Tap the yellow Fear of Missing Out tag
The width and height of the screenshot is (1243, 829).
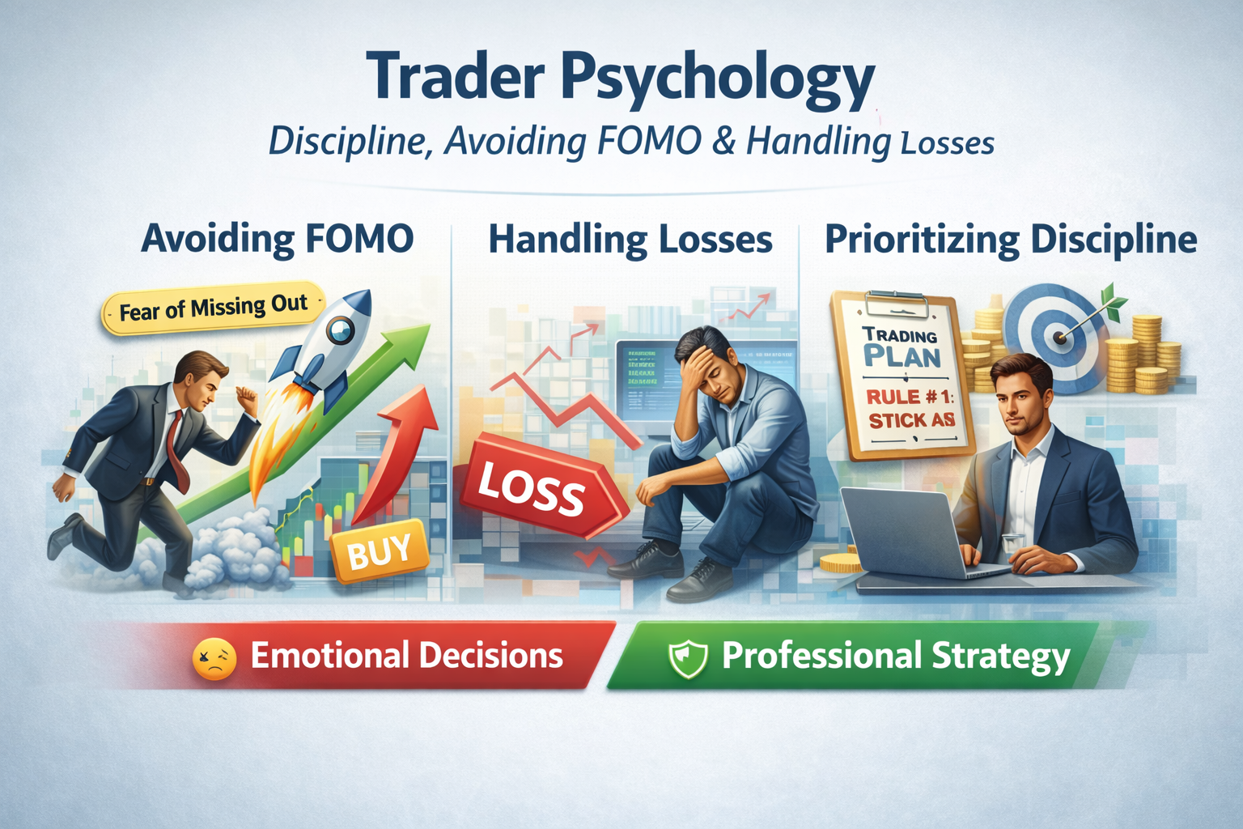[213, 308]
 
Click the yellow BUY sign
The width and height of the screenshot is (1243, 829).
[379, 553]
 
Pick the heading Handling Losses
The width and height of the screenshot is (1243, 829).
[630, 240]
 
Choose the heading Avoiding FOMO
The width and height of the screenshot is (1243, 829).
[278, 240]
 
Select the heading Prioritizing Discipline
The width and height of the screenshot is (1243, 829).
[1011, 240]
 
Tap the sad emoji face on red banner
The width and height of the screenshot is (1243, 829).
[214, 657]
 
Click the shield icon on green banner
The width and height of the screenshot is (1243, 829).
[688, 657]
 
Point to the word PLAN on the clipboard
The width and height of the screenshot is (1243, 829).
[901, 357]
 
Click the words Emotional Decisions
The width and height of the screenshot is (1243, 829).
[406, 656]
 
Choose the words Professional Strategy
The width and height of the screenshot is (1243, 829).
[896, 657]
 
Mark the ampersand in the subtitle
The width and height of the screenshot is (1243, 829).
[724, 142]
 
